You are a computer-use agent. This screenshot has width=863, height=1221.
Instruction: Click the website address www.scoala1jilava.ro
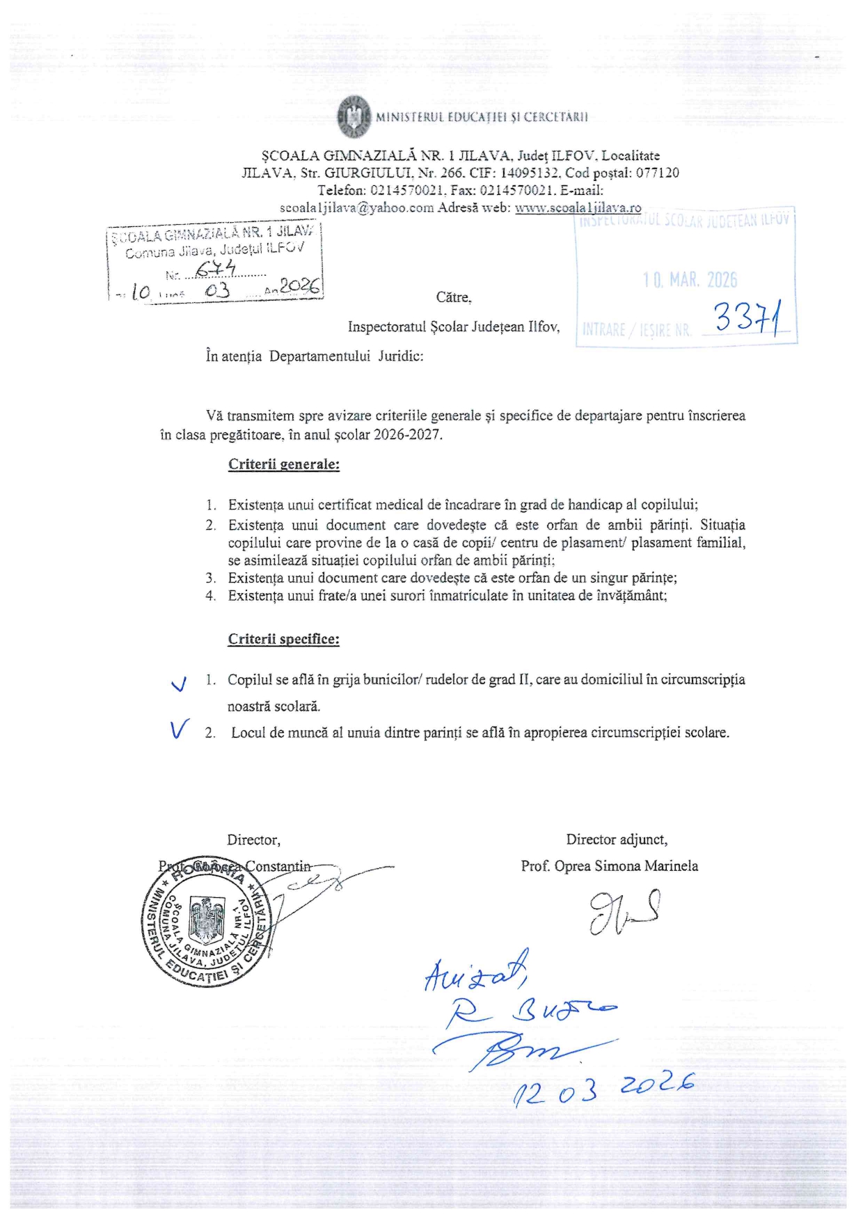click(578, 207)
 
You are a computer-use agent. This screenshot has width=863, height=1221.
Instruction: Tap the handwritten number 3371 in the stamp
click(747, 320)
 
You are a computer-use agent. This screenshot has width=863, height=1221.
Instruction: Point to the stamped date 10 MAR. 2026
click(690, 281)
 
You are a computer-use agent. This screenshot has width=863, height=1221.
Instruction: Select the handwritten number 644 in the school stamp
click(216, 270)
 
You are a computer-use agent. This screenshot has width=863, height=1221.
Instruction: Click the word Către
click(454, 297)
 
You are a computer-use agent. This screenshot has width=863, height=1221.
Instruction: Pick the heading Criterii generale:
click(284, 464)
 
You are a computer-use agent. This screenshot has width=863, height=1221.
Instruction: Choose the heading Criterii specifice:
click(284, 639)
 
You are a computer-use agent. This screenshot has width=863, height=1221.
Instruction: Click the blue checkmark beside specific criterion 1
click(179, 684)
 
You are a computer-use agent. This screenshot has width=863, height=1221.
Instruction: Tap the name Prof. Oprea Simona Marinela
click(609, 866)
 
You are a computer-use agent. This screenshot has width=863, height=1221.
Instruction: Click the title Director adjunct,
click(617, 840)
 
